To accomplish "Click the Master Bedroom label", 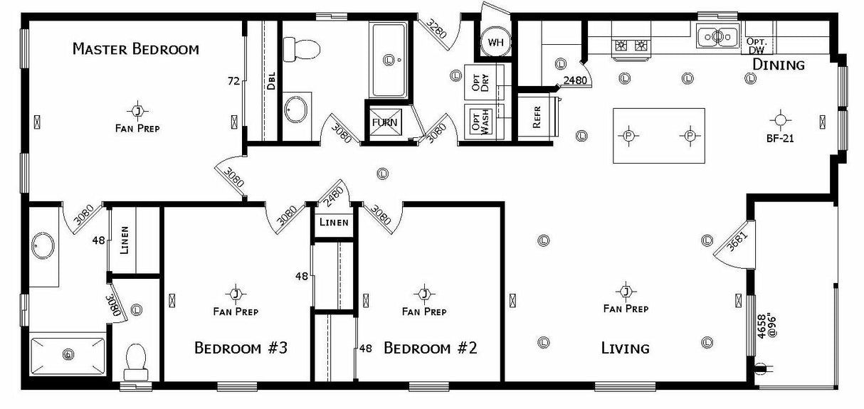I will point(135,49).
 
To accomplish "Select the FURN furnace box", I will point(385,122).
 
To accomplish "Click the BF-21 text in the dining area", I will point(780,139).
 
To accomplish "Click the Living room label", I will point(625,349).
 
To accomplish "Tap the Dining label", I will point(778,65).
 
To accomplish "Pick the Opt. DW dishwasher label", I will point(756,46).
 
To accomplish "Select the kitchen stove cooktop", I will point(631,46).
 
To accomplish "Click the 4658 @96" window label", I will point(759,325).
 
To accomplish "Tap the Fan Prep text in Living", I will point(625,309).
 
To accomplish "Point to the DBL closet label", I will point(271,80).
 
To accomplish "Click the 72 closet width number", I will point(233,80).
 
